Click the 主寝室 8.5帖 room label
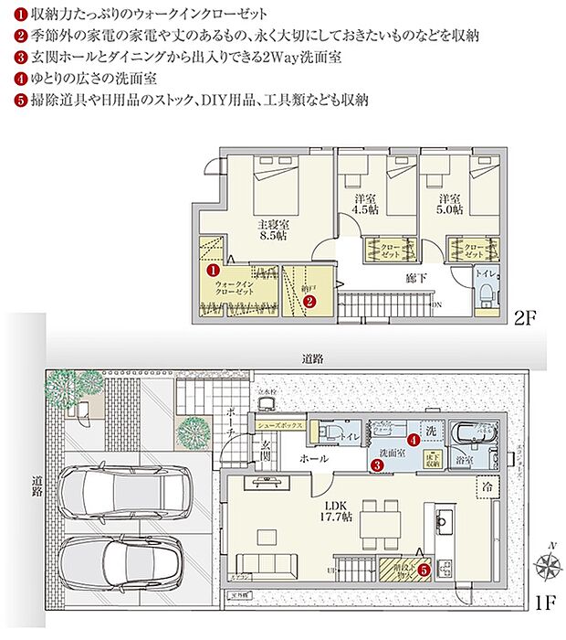272,228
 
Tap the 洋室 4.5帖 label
365,204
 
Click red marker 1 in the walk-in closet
212,271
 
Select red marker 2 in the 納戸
309,299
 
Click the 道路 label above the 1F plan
313,360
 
